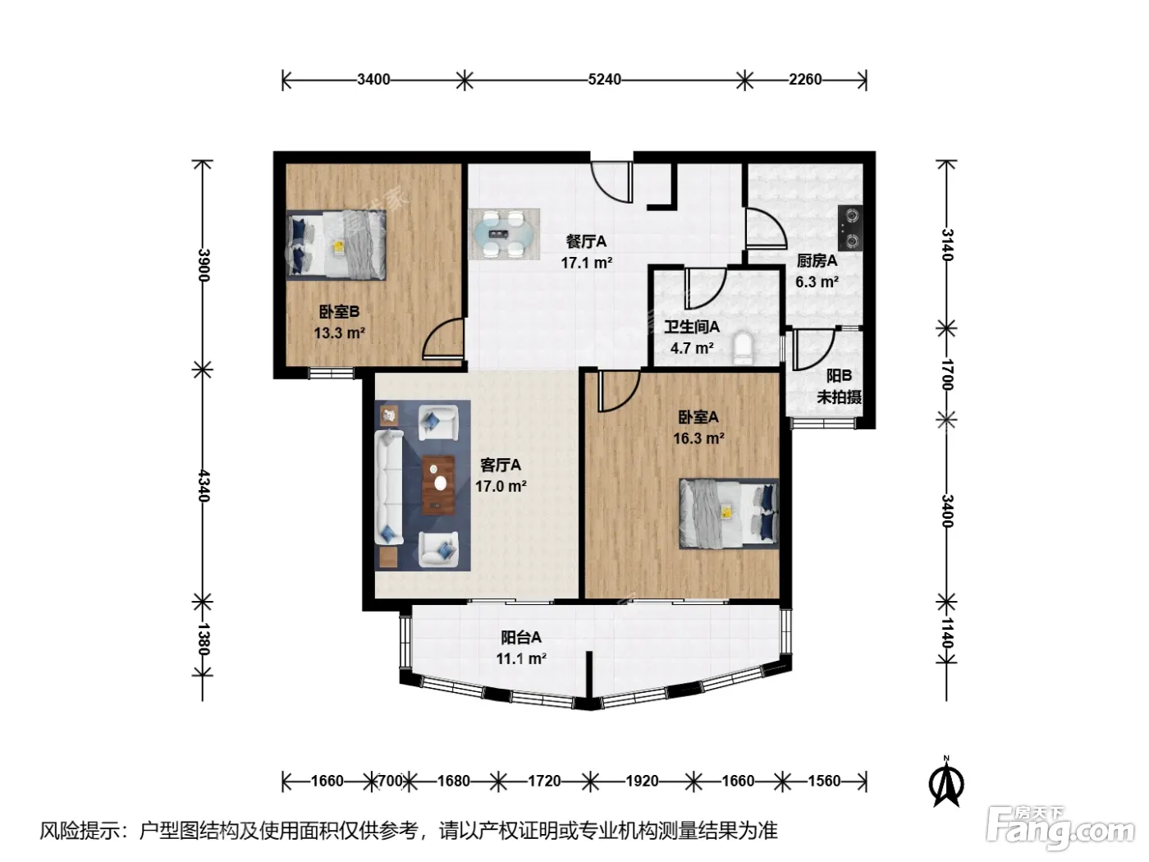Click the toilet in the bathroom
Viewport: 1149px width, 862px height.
pyautogui.click(x=743, y=348)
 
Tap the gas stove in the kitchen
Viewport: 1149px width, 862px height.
pyautogui.click(x=850, y=227)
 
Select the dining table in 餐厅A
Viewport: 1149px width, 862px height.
pyautogui.click(x=504, y=233)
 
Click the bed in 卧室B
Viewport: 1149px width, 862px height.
pyautogui.click(x=336, y=245)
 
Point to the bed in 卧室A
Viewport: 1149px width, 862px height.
pyautogui.click(x=729, y=513)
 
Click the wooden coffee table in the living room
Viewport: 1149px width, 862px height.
pyautogui.click(x=438, y=484)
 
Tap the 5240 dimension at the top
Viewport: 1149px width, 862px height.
pyautogui.click(x=604, y=80)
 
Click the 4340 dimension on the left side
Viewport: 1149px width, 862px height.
pyautogui.click(x=204, y=486)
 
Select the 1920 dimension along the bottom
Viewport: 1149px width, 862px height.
pyautogui.click(x=642, y=781)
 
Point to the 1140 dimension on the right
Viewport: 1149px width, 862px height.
pyautogui.click(x=947, y=633)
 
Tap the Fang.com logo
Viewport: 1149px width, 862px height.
pyautogui.click(x=1060, y=829)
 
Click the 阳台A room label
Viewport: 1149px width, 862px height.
pyautogui.click(x=521, y=638)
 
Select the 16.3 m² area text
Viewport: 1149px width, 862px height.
pyautogui.click(x=698, y=438)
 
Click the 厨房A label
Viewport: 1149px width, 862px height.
pyautogui.click(x=817, y=260)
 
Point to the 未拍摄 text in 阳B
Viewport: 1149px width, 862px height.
pyautogui.click(x=840, y=397)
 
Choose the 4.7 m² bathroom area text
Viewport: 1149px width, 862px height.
pyautogui.click(x=692, y=348)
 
